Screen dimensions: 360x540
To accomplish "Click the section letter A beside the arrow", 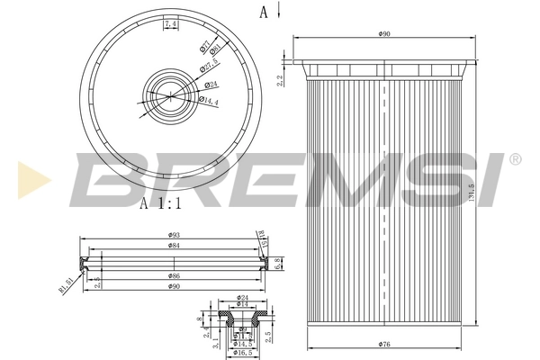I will [264, 12].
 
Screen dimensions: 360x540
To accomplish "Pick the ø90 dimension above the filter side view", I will [385, 34].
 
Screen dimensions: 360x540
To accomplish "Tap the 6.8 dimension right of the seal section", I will [280, 262].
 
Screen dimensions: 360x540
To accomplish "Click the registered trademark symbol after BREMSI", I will [514, 159].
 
